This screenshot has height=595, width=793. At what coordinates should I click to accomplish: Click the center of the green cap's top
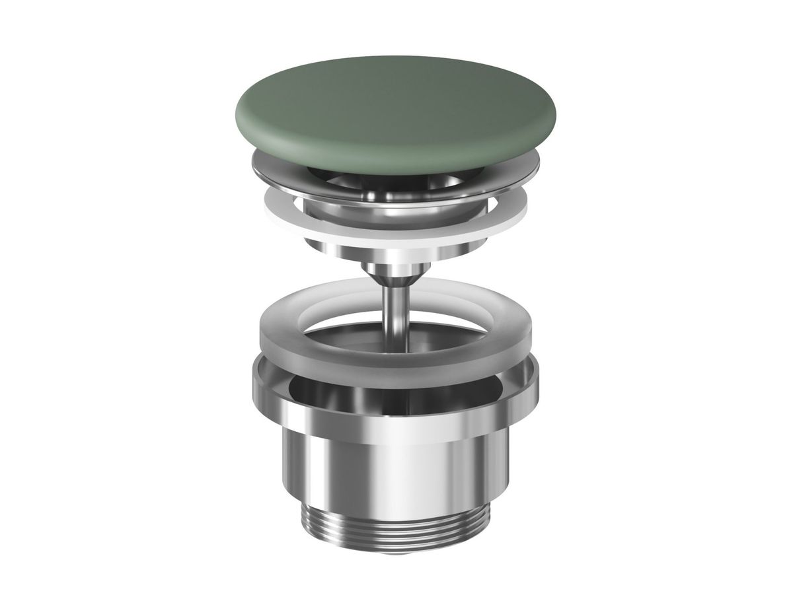click(395, 106)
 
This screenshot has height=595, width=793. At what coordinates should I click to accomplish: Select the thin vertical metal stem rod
click(395, 310)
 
